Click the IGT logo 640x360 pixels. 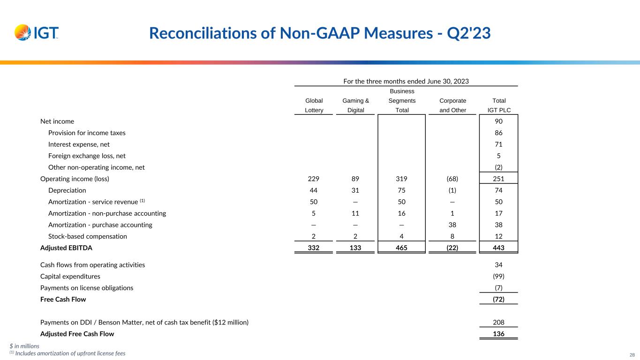[37, 32]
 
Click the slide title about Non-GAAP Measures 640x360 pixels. [320, 33]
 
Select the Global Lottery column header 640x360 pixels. [314, 105]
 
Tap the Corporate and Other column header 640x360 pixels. [452, 105]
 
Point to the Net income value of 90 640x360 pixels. [499, 121]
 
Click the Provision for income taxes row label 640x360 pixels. [87, 133]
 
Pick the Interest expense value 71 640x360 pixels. [499, 144]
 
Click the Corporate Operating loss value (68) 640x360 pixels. [452, 179]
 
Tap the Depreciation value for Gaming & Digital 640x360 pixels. [355, 190]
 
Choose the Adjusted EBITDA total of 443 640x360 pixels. [499, 247]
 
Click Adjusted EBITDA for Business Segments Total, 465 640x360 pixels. [402, 247]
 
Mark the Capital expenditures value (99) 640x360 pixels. [499, 277]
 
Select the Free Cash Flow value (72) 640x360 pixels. [499, 299]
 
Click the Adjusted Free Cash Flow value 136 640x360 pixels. [499, 334]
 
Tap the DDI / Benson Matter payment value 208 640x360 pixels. [499, 322]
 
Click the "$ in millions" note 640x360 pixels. [24, 346]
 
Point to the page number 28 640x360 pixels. [632, 354]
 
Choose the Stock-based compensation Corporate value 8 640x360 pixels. [452, 236]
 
